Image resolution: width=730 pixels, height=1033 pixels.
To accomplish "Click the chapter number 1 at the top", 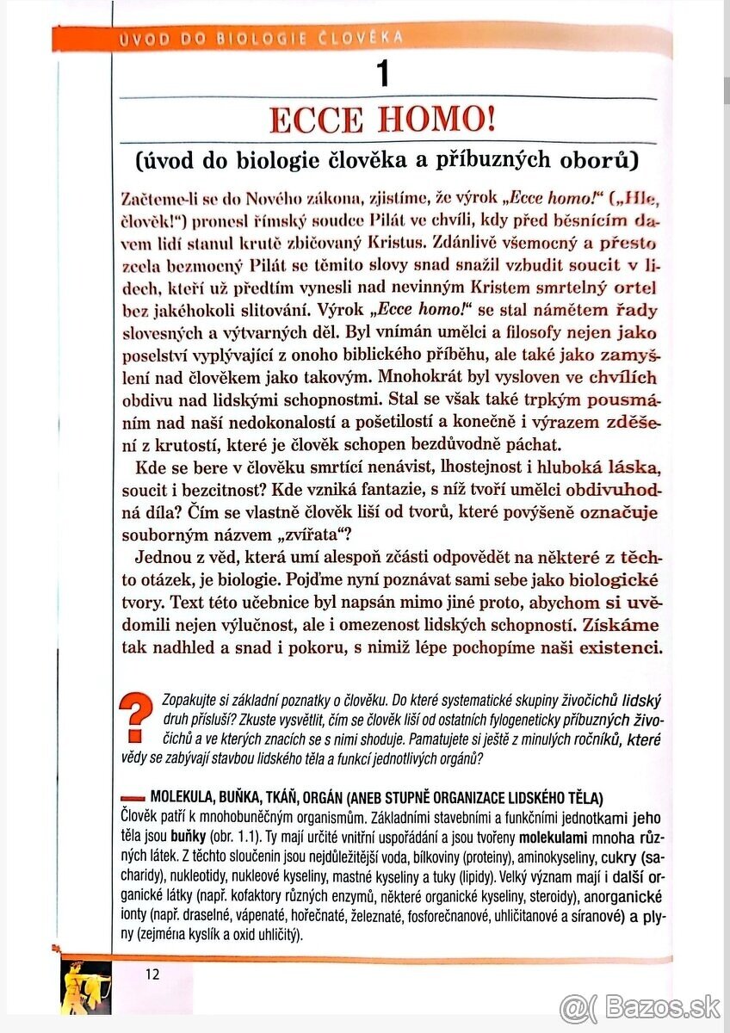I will click(x=383, y=74).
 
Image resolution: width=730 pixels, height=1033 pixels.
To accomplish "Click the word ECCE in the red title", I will click(x=312, y=119).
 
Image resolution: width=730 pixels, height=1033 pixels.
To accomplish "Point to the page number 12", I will click(x=152, y=974).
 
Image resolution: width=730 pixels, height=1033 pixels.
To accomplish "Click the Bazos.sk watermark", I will click(x=639, y=1006).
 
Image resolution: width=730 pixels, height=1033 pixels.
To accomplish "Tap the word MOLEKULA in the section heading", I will click(x=182, y=797).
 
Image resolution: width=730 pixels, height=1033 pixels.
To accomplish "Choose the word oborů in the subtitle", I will click(x=590, y=161).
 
